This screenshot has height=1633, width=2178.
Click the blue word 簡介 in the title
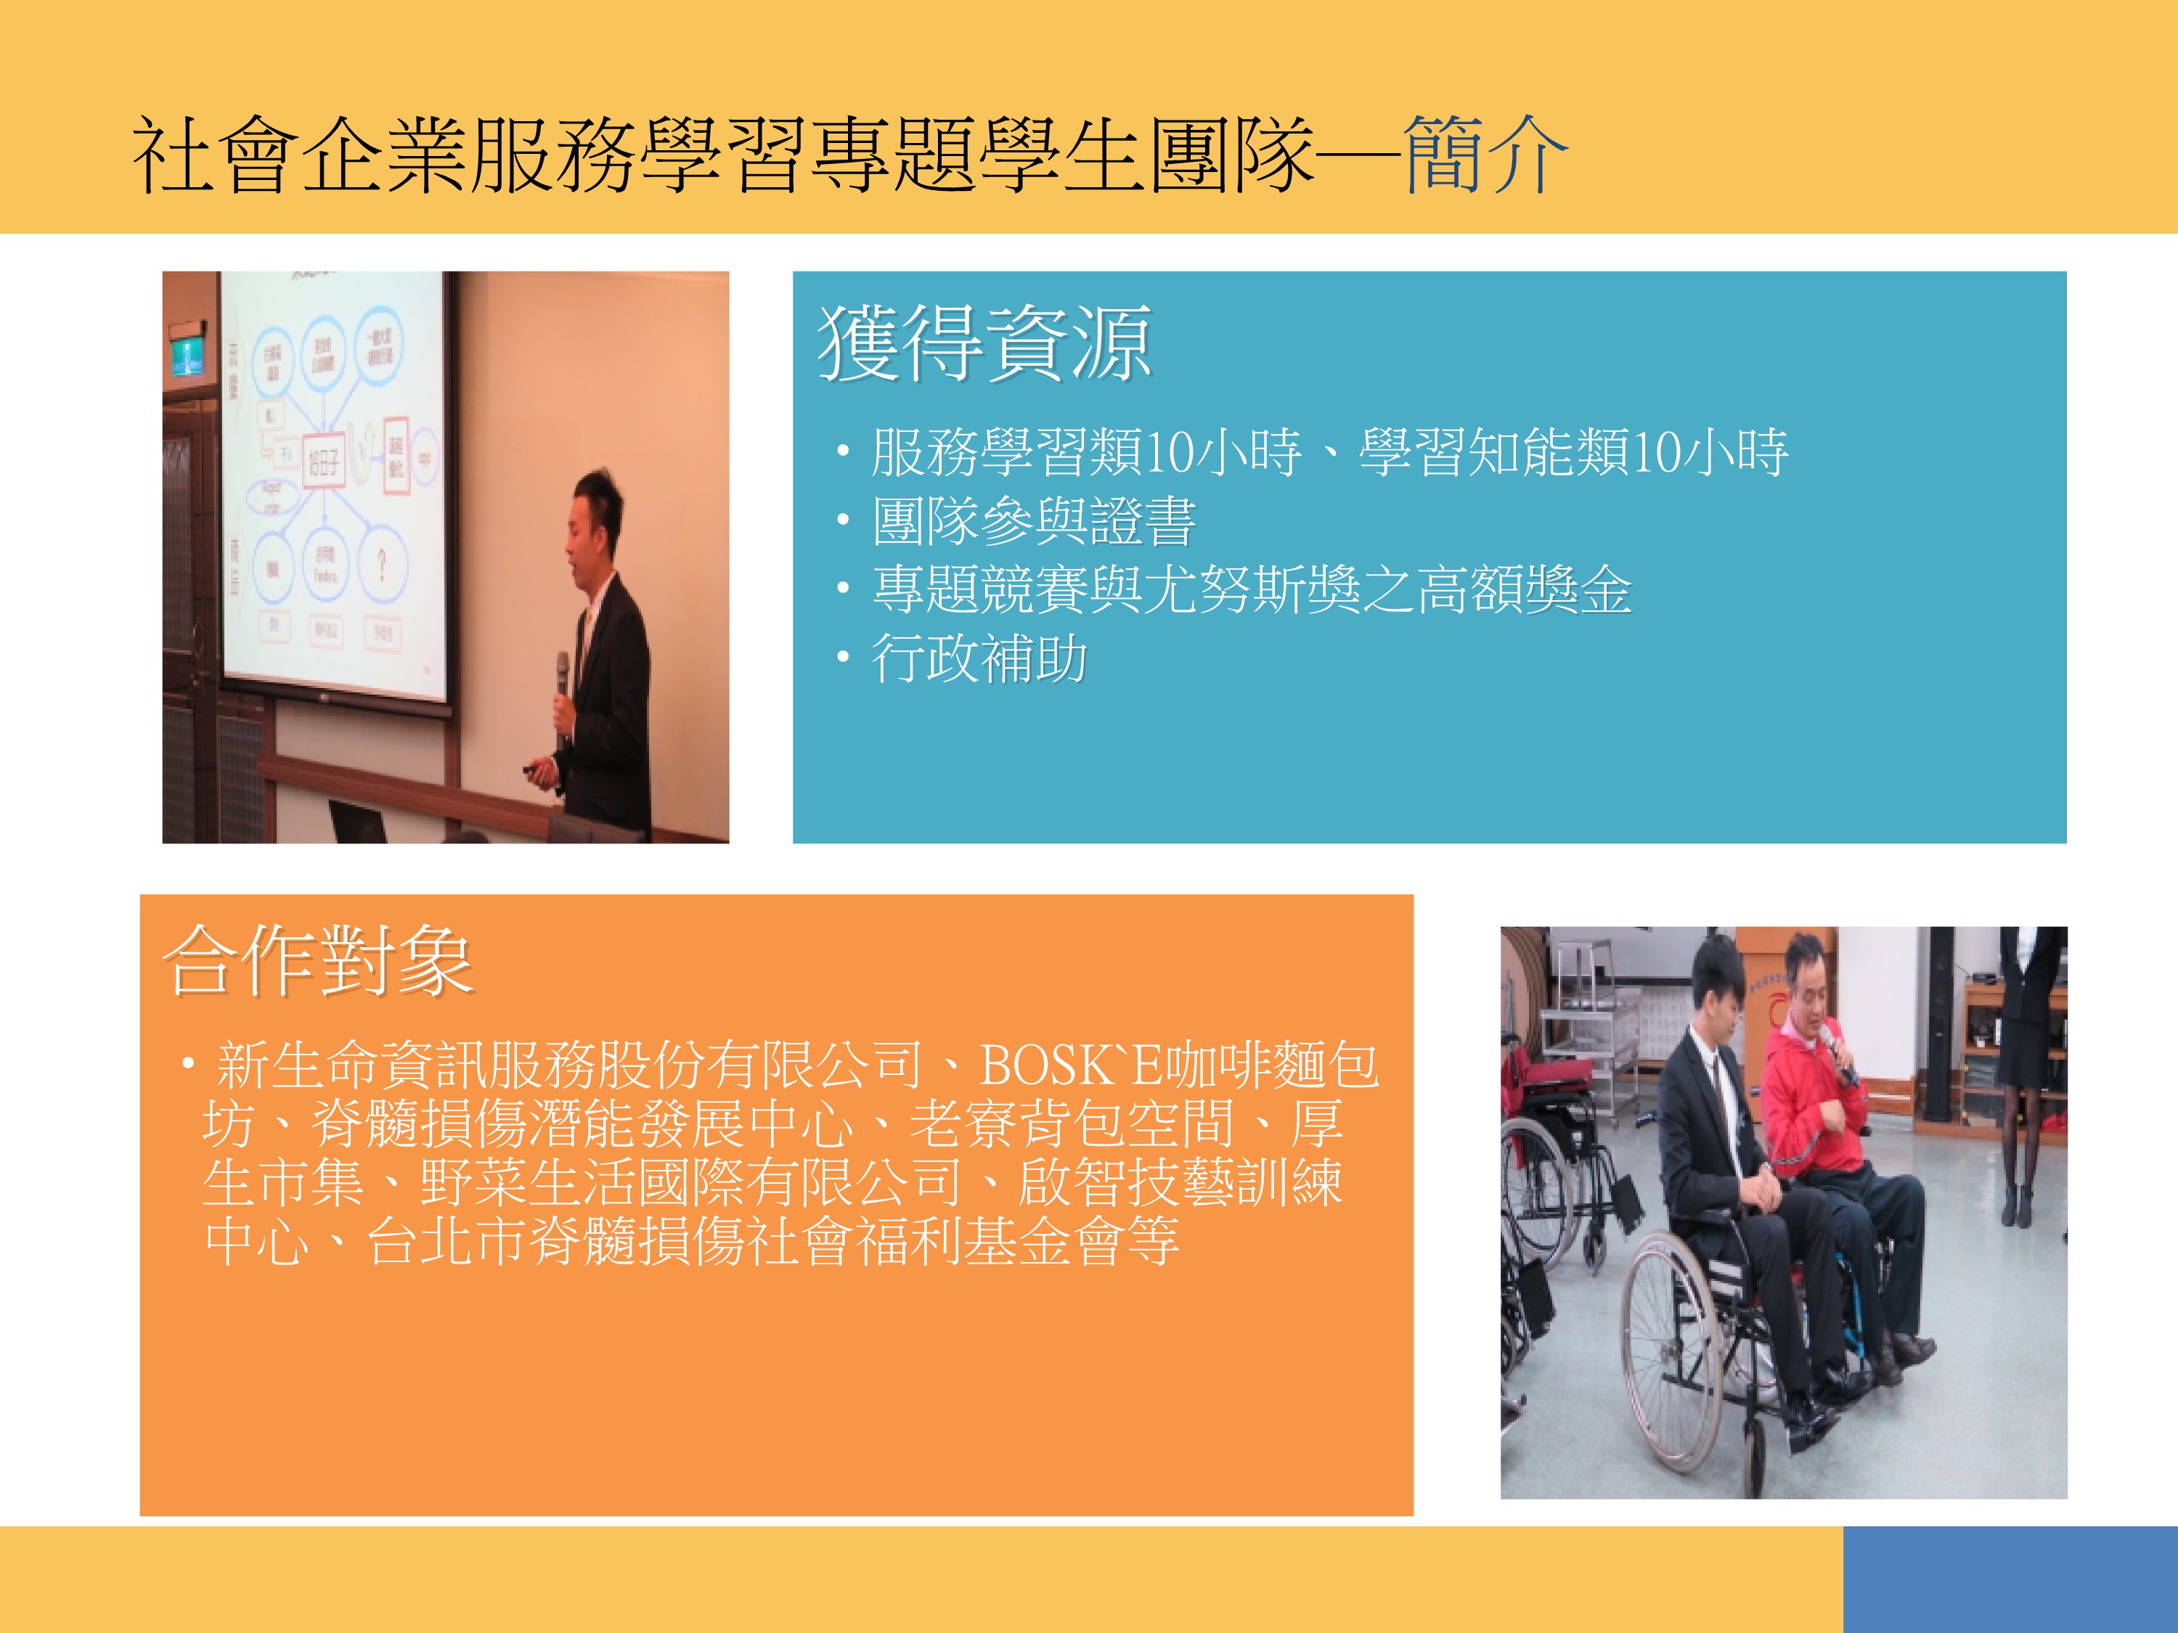(x=1485, y=155)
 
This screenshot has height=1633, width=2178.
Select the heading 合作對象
(x=318, y=959)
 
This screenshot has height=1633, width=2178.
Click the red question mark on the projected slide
(x=381, y=565)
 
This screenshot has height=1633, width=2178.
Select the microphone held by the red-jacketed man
(x=1838, y=1053)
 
